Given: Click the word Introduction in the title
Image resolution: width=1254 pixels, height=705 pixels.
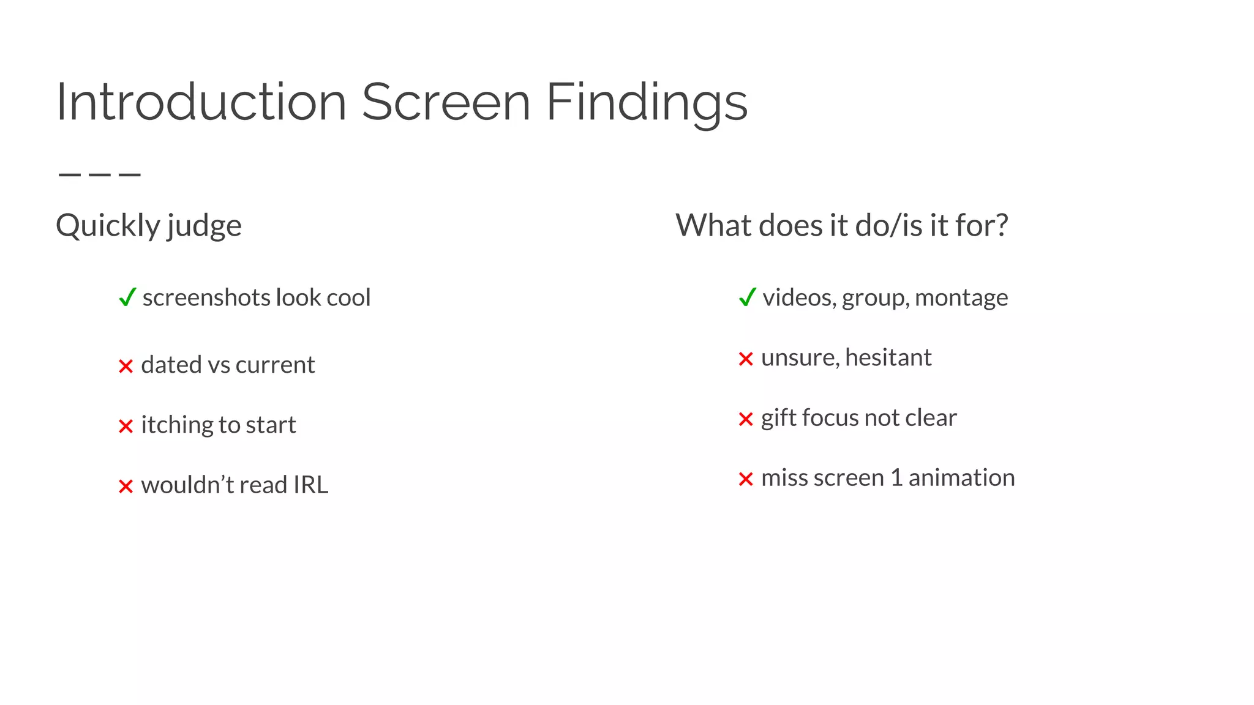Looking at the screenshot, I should click(x=201, y=102).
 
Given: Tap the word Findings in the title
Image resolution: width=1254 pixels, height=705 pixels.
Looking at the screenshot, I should click(x=646, y=103).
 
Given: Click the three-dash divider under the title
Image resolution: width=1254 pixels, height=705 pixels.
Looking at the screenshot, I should click(x=99, y=175).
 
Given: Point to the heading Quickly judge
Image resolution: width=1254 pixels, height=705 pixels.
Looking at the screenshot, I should click(x=149, y=225).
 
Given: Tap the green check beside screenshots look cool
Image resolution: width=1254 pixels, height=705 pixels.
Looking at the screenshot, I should click(x=127, y=297).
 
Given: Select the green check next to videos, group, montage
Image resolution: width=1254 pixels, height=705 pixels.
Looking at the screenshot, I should click(x=748, y=297).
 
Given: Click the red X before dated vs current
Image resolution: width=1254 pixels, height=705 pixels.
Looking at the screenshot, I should click(x=126, y=366).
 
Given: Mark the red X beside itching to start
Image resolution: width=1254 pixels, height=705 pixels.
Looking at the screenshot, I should click(x=126, y=426).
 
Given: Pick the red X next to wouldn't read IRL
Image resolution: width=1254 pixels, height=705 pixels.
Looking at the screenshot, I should click(x=126, y=487).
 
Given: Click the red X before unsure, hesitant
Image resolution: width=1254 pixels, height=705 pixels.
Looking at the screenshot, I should click(x=745, y=359).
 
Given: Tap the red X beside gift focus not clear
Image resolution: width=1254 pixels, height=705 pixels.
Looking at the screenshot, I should click(x=745, y=419).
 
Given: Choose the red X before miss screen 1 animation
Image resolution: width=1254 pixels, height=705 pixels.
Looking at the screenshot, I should click(x=745, y=479).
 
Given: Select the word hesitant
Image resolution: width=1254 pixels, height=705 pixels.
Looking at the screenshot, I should click(x=888, y=357).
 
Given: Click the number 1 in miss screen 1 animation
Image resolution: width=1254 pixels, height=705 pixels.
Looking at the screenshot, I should click(x=896, y=477).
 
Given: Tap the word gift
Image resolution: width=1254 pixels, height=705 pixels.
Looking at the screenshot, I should click(x=778, y=418).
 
